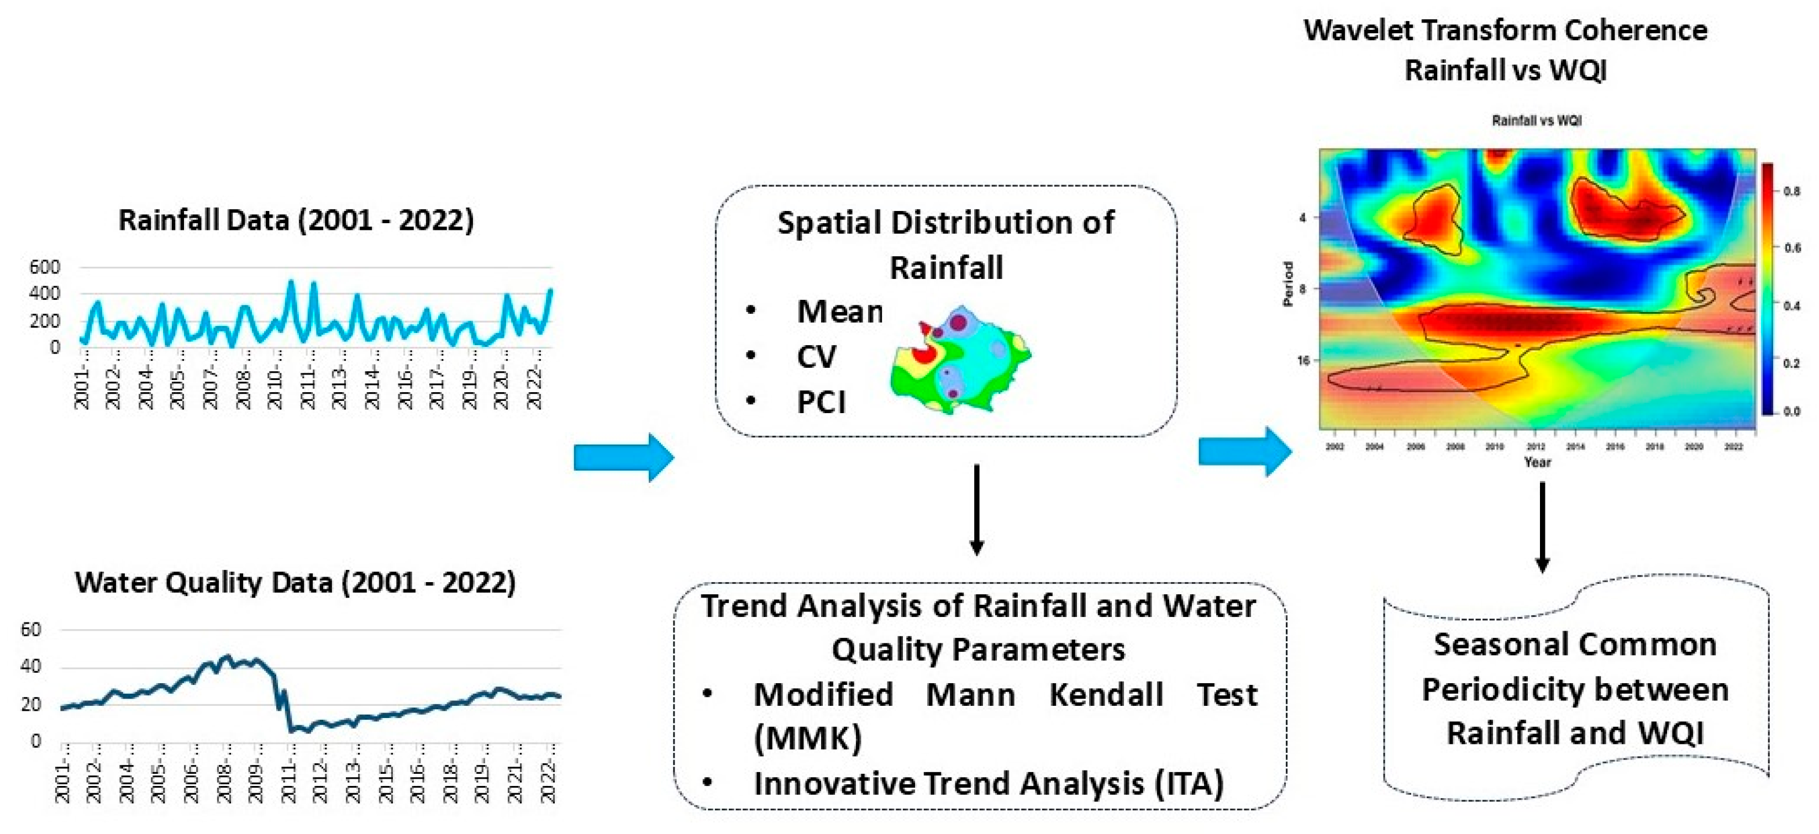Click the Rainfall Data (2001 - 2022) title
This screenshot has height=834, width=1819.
[x=296, y=220]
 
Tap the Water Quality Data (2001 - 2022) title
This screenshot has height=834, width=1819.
[x=295, y=583]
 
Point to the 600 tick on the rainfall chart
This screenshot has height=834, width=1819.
[x=45, y=267]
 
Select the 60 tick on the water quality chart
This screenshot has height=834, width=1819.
[x=31, y=630]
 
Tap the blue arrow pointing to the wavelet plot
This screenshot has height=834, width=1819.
[x=1245, y=452]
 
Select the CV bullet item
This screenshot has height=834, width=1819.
[x=816, y=357]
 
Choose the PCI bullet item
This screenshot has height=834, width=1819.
[x=821, y=402]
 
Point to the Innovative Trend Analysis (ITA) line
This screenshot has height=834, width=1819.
[x=989, y=783]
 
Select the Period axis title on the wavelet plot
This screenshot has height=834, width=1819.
[x=1288, y=284]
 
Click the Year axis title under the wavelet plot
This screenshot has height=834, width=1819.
[x=1537, y=462]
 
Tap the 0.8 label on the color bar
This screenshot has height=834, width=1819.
[x=1791, y=191]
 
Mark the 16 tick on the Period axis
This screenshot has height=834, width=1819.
[x=1303, y=361]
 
